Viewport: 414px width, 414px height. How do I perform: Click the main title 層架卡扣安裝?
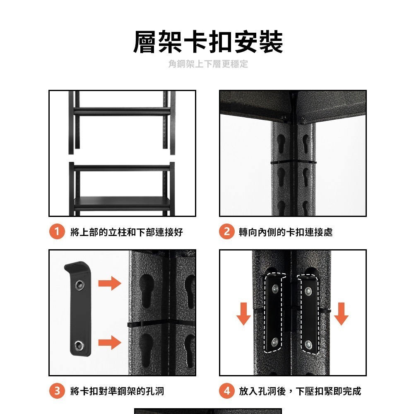pos(208,42)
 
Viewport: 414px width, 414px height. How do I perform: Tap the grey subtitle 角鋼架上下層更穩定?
pos(208,64)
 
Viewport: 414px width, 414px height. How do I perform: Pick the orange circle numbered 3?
pos(57,391)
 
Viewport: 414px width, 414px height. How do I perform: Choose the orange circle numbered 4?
pos(226,391)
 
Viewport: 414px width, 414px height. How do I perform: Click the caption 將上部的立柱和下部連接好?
pos(127,232)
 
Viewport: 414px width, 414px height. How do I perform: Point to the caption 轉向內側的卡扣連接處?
pos(286,232)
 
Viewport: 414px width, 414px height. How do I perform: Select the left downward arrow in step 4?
pos(244,314)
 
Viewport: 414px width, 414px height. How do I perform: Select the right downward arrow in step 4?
pos(341,314)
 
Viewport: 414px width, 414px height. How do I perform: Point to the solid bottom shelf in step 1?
pos(122,203)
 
